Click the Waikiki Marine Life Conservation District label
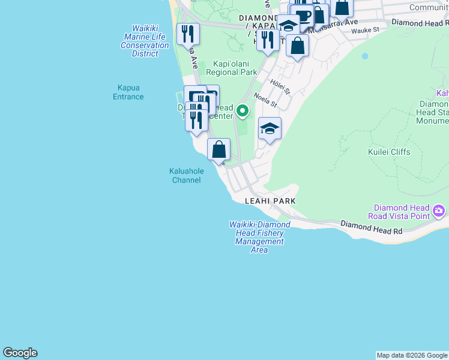[145, 41]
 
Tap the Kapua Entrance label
[128, 92]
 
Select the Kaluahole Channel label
[186, 175]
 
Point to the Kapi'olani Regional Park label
[231, 68]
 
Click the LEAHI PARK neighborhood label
[270, 201]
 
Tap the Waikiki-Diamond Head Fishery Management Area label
[259, 237]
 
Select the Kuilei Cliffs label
[389, 152]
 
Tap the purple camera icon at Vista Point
[439, 210]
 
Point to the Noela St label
[265, 99]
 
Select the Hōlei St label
[280, 86]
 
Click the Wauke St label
[366, 30]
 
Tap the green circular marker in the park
[243, 110]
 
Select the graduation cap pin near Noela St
[270, 128]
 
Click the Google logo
[20, 353]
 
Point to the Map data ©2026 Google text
[412, 355]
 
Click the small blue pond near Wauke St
[364, 56]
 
